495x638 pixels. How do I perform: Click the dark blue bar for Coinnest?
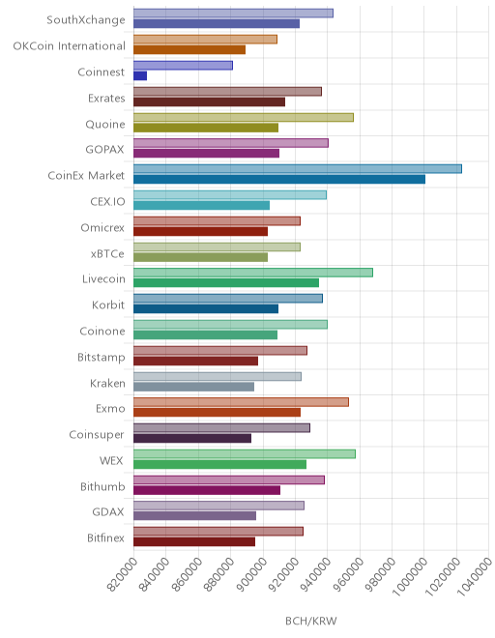pos(140,75)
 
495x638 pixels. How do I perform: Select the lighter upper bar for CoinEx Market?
pos(298,169)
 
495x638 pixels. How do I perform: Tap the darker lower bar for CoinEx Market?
pos(279,180)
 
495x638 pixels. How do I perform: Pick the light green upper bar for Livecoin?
pos(253,273)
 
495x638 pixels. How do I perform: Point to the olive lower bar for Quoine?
pos(206,128)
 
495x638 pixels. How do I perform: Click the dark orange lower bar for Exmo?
pos(217,412)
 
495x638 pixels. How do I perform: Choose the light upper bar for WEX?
pos(245,454)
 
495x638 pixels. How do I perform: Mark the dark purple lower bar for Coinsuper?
pos(192,438)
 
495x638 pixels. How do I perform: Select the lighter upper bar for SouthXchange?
pos(233,13)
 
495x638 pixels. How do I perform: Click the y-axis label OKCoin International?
pos(70,46)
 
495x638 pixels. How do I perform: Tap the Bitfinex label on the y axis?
pos(105,537)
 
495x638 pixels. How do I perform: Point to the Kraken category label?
pos(107,384)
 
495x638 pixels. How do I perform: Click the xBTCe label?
pos(107,254)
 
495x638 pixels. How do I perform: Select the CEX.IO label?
pos(108,202)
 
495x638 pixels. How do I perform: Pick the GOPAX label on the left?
pos(104,150)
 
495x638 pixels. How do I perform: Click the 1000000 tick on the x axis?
pos(411,574)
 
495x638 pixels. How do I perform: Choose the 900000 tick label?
pos(250,574)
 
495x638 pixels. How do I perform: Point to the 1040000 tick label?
pos(475,574)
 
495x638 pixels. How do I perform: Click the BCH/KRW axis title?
pos(311,621)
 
